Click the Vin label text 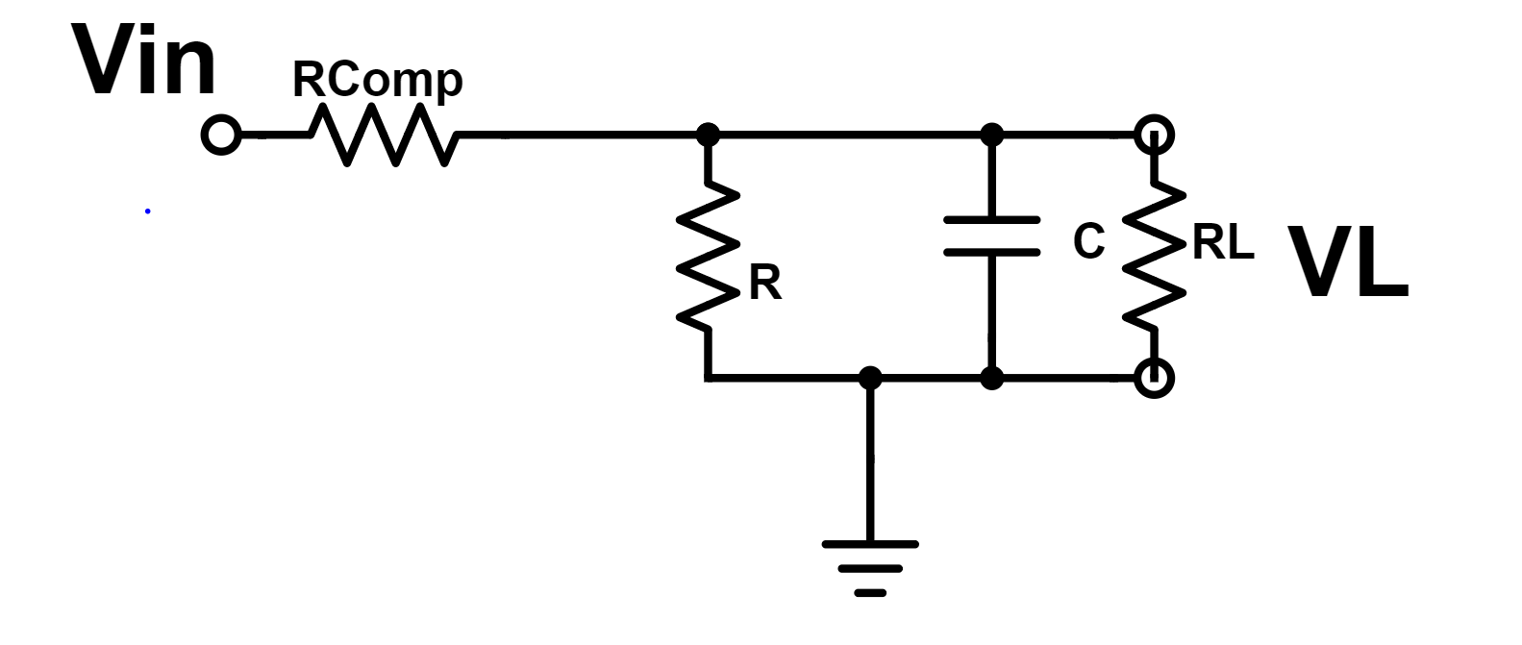pyautogui.click(x=144, y=62)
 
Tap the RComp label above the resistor pyautogui.click(x=377, y=80)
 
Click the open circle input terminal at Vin pyautogui.click(x=221, y=135)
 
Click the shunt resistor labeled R pyautogui.click(x=709, y=255)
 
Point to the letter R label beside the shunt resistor pyautogui.click(x=765, y=284)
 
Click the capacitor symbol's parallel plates pyautogui.click(x=992, y=236)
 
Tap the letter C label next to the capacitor pyautogui.click(x=1088, y=241)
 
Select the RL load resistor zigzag pyautogui.click(x=1154, y=255)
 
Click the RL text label pyautogui.click(x=1223, y=244)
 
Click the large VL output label pyautogui.click(x=1348, y=263)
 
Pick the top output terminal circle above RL pyautogui.click(x=1154, y=135)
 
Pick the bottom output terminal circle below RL pyautogui.click(x=1154, y=378)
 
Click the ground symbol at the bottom pyautogui.click(x=870, y=567)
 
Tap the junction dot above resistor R pyautogui.click(x=709, y=135)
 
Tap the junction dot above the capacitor pyautogui.click(x=992, y=135)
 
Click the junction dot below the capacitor pyautogui.click(x=992, y=378)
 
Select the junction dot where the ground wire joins pyautogui.click(x=870, y=378)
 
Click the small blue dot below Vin pyautogui.click(x=147, y=211)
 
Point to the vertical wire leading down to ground pyautogui.click(x=870, y=461)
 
